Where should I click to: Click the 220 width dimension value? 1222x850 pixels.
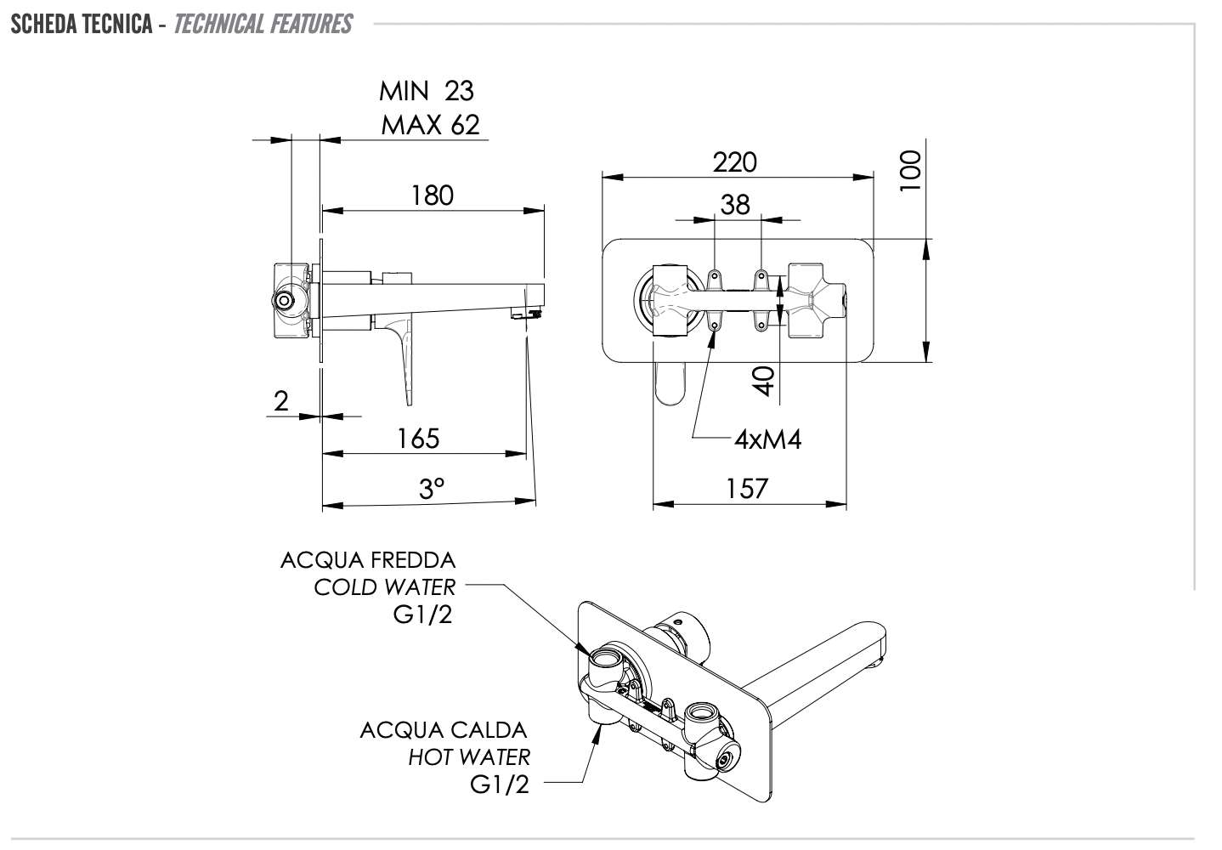(x=734, y=161)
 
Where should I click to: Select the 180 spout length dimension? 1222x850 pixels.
(x=433, y=195)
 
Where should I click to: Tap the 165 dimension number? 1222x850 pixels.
(x=418, y=439)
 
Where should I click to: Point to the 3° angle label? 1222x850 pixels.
(x=432, y=490)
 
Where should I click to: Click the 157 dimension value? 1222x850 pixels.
(x=747, y=489)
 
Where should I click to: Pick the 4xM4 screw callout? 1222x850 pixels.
(x=767, y=439)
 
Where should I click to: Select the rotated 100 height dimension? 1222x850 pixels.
(x=910, y=171)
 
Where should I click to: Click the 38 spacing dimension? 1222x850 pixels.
(x=735, y=205)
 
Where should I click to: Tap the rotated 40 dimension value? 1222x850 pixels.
(x=765, y=381)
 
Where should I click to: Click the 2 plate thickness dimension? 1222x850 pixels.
(x=281, y=401)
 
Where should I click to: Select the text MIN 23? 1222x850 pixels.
(x=427, y=90)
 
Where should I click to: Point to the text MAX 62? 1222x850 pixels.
(x=430, y=125)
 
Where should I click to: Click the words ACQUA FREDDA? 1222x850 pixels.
(x=368, y=560)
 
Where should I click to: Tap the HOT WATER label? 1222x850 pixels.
(x=469, y=756)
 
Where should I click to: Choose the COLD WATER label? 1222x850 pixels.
(x=384, y=586)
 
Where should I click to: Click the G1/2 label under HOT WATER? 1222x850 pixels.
(x=500, y=784)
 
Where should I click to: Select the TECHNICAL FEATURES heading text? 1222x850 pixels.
(x=263, y=24)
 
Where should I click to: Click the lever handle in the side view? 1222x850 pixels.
(x=405, y=357)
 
